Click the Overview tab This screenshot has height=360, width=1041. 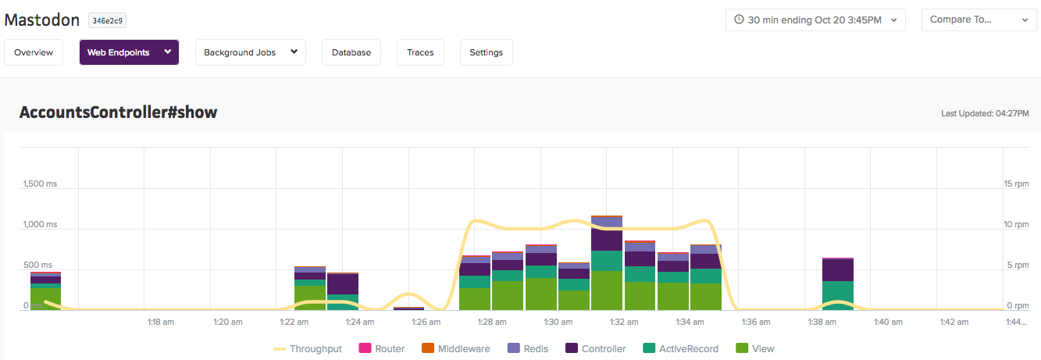click(34, 52)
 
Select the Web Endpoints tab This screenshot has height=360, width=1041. click(129, 52)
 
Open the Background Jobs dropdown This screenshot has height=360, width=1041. click(251, 52)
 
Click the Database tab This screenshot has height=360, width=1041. click(351, 52)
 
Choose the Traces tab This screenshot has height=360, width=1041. click(421, 52)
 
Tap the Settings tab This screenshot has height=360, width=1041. click(486, 52)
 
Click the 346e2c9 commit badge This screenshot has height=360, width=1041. click(107, 20)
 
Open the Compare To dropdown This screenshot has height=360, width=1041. click(979, 20)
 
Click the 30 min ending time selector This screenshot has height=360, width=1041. click(815, 20)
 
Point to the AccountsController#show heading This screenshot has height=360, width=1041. click(118, 112)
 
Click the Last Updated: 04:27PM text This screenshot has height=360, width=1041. click(985, 113)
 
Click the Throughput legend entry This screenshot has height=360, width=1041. click(307, 349)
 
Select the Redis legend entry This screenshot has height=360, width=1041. click(527, 349)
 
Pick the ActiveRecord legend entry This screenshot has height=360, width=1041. click(680, 349)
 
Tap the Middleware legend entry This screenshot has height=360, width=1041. click(455, 349)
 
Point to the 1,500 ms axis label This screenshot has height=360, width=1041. click(41, 184)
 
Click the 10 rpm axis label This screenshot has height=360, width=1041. click(1016, 224)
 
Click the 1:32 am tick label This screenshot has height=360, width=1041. click(624, 322)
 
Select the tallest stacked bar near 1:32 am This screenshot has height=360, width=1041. click(607, 263)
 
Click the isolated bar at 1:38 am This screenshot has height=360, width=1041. click(838, 283)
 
